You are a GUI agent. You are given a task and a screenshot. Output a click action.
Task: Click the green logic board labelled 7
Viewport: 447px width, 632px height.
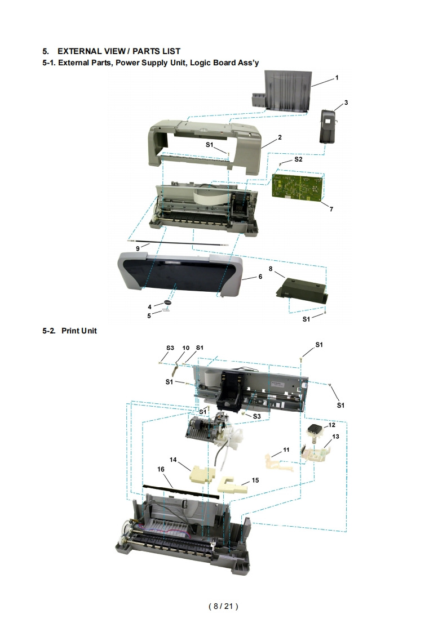click(x=298, y=186)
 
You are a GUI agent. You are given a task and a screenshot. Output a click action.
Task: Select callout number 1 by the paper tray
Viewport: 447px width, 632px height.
click(x=337, y=78)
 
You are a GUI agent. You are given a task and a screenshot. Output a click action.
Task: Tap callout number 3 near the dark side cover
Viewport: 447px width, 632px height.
click(x=346, y=103)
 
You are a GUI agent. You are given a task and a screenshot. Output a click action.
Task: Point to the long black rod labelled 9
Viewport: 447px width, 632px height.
click(x=178, y=243)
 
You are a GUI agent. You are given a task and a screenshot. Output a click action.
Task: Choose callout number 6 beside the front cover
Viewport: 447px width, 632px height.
click(x=260, y=277)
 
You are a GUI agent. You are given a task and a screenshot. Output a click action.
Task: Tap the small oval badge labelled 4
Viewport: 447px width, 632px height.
click(x=167, y=302)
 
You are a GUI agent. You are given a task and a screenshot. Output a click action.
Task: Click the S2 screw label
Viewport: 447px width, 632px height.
click(x=298, y=159)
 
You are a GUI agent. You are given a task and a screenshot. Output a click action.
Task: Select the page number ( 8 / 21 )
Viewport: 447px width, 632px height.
click(x=223, y=606)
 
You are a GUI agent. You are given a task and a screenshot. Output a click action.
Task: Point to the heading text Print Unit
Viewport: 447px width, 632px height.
click(x=79, y=331)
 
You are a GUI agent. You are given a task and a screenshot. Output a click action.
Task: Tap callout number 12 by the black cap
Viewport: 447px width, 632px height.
click(x=331, y=425)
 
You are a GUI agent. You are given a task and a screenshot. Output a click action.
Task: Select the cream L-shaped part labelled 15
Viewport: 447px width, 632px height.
click(x=233, y=484)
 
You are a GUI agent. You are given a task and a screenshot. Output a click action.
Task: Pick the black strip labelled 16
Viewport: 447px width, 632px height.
click(x=182, y=492)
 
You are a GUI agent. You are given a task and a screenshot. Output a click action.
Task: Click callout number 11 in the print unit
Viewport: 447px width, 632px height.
click(x=286, y=450)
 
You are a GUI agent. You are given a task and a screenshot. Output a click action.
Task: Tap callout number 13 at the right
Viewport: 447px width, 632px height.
click(x=335, y=437)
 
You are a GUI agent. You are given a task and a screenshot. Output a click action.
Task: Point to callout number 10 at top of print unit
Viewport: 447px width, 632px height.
click(x=185, y=348)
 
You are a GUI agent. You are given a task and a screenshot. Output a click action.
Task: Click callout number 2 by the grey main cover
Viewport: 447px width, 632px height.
click(x=280, y=137)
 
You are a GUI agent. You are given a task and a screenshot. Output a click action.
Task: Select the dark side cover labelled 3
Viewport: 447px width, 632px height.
click(x=328, y=126)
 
